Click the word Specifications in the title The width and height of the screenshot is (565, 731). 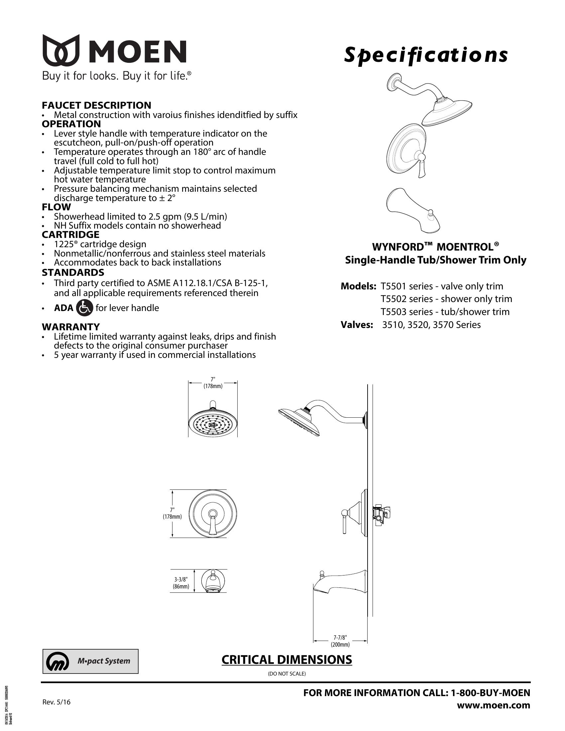[x=426, y=55]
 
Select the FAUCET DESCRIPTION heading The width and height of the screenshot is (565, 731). [x=96, y=105]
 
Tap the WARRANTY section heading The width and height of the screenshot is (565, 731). [x=70, y=327]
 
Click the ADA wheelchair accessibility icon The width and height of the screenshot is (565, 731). [x=84, y=308]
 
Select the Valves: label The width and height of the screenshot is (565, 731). [x=357, y=325]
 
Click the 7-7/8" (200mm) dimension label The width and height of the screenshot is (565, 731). [x=340, y=641]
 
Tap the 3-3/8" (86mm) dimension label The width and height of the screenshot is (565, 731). [x=181, y=583]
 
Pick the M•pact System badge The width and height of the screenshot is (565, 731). [x=90, y=661]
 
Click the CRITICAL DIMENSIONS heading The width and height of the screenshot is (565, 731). [x=286, y=660]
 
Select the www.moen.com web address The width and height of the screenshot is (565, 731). [x=493, y=705]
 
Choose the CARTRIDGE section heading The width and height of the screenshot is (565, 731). [x=70, y=235]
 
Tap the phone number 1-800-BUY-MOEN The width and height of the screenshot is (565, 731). [x=490, y=693]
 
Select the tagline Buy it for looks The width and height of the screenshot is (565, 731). [x=80, y=76]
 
